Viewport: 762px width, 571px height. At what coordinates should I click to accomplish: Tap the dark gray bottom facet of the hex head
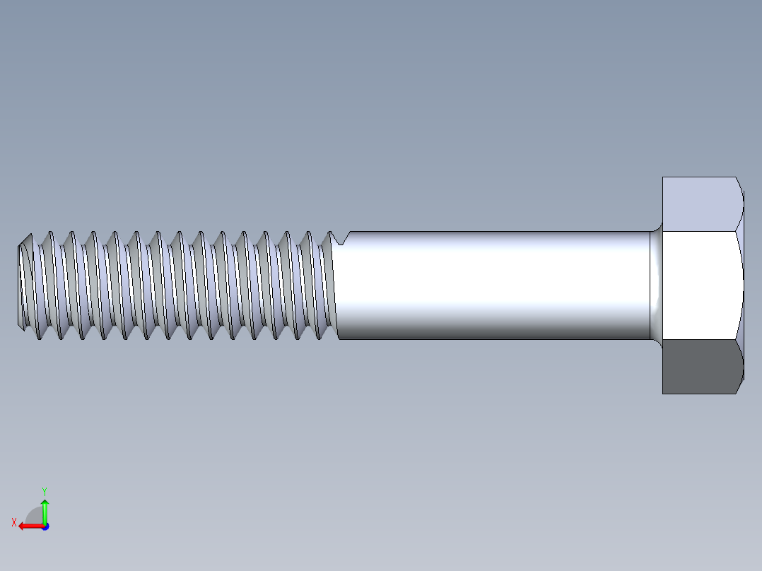[x=700, y=367]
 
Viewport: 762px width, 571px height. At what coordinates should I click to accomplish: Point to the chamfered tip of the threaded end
[x=23, y=283]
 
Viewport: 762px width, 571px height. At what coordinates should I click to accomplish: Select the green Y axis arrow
[x=45, y=513]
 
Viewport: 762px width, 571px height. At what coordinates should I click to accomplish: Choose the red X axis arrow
[x=31, y=526]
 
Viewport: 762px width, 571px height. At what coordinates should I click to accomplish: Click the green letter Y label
[x=44, y=490]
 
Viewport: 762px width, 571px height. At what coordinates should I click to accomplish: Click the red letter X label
[x=13, y=523]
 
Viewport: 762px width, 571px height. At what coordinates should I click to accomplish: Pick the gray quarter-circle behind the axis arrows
[x=34, y=515]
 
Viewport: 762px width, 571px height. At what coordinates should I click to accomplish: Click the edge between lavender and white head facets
[x=700, y=230]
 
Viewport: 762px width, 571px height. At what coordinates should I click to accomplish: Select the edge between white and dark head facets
[x=700, y=340]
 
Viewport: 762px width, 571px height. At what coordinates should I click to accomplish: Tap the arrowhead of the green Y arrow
[x=45, y=503]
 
